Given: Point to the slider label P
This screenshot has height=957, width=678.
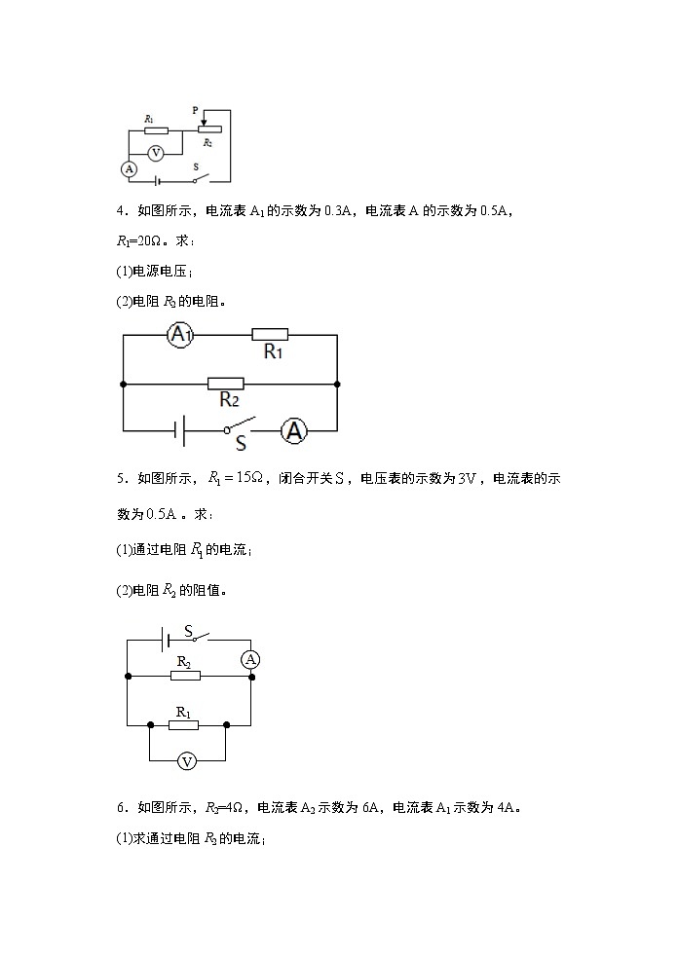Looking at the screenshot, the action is (196, 112).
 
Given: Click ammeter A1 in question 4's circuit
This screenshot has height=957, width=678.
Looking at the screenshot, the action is (179, 336).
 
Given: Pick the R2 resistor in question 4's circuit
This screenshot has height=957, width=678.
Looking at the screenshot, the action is (226, 385).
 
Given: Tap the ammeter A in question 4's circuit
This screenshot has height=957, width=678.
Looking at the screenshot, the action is (294, 431).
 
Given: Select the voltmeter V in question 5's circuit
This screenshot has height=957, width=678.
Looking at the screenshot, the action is (187, 761).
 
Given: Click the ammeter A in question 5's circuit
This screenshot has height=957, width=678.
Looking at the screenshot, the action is (251, 659).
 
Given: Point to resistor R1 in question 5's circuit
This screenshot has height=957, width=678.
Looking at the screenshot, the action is (183, 724).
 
